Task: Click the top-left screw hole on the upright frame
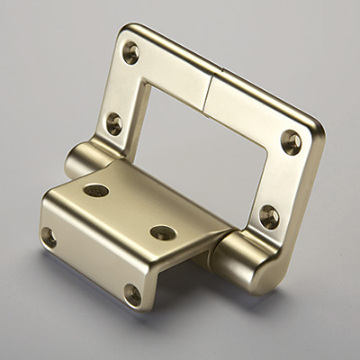click(x=131, y=52)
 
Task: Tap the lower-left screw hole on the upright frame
click(x=114, y=123)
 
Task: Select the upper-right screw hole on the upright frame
click(x=291, y=141)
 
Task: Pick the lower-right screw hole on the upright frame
click(x=269, y=216)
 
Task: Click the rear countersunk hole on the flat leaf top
click(x=95, y=191)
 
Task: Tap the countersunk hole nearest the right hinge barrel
click(x=163, y=232)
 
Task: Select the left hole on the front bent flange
click(x=49, y=237)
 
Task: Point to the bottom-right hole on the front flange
click(x=132, y=293)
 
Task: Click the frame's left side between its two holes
click(x=123, y=87)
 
